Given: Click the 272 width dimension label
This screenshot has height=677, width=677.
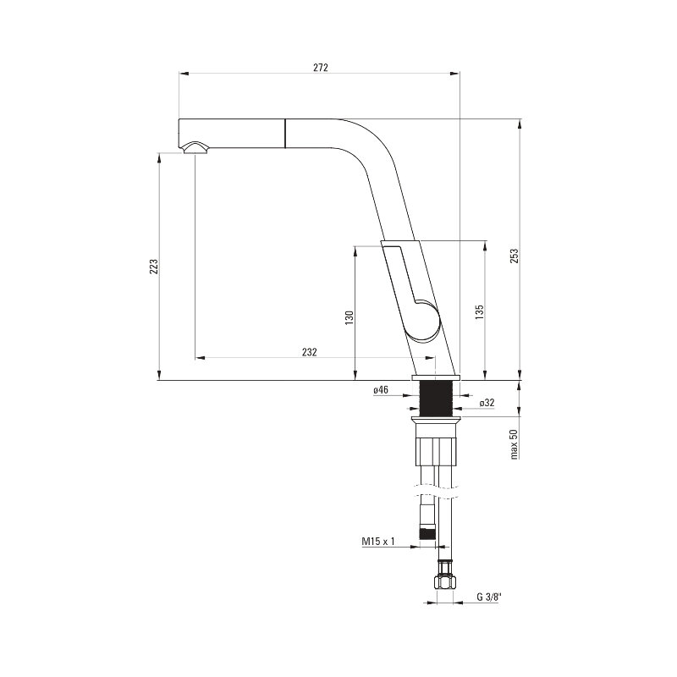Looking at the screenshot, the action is click(x=321, y=68).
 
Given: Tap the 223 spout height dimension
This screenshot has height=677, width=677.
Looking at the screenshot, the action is click(x=154, y=267).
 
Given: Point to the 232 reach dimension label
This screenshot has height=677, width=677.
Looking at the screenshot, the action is click(x=309, y=352).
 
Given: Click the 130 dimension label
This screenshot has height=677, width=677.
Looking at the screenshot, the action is click(x=350, y=317).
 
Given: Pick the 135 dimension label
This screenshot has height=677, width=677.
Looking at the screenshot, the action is click(x=479, y=312).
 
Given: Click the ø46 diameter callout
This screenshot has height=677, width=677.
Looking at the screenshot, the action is click(x=381, y=390).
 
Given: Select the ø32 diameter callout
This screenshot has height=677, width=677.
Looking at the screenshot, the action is click(x=487, y=403).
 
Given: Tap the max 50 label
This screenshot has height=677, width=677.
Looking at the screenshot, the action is click(x=514, y=444).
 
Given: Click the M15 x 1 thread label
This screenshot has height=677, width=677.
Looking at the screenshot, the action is click(x=378, y=541).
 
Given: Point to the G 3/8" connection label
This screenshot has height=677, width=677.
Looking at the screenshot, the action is click(x=490, y=597).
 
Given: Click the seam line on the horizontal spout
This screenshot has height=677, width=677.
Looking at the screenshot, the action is click(x=285, y=134).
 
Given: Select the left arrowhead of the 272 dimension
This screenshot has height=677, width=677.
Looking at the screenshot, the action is click(x=184, y=74).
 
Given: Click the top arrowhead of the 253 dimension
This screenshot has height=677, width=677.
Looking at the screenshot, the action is click(x=520, y=124).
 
